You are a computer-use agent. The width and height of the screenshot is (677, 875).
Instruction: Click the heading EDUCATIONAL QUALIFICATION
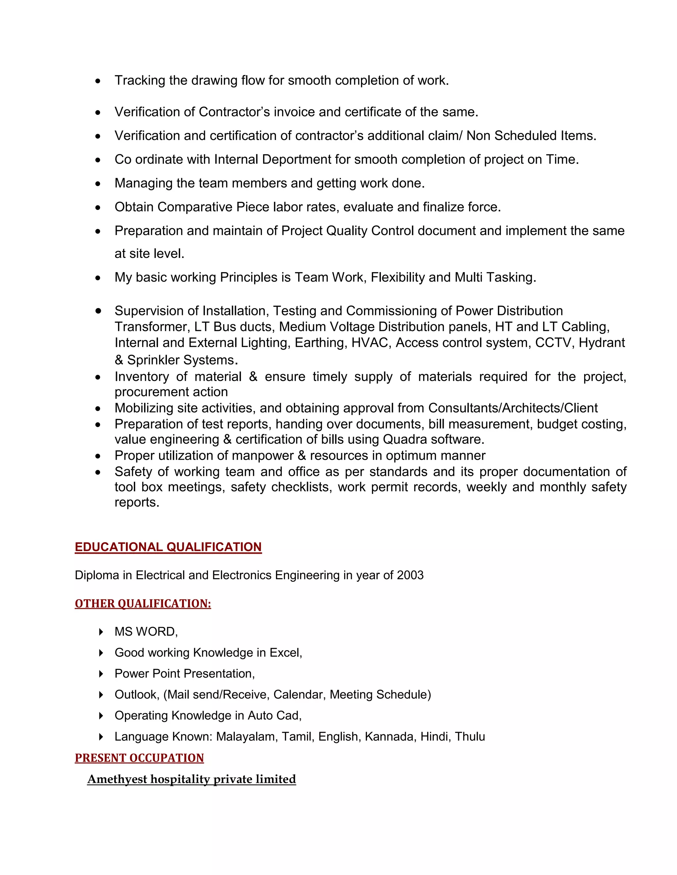coord(168,547)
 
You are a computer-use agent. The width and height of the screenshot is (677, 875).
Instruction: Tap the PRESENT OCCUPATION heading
coord(139,757)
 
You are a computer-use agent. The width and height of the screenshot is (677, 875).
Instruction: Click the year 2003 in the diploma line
coord(410,575)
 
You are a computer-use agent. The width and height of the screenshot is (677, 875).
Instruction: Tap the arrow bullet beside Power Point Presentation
coord(101,674)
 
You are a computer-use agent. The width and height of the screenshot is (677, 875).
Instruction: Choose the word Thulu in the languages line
coord(470,736)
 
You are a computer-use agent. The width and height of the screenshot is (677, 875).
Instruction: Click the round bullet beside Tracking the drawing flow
coord(98,81)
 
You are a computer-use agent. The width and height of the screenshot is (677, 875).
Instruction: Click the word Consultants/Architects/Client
coord(513,408)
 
